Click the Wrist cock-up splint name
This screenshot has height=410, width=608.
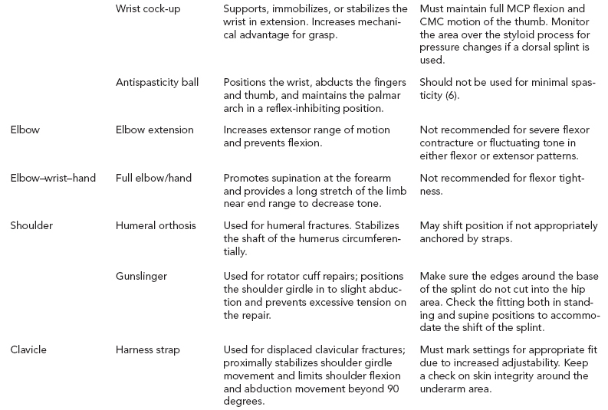pyautogui.click(x=151, y=9)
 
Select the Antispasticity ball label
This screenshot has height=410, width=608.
pyautogui.click(x=157, y=82)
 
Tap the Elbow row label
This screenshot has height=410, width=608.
pyautogui.click(x=25, y=130)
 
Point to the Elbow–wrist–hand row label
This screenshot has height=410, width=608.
pyautogui.click(x=52, y=178)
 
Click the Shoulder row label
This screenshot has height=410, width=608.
pyautogui.click(x=31, y=225)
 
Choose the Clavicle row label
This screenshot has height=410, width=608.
pyautogui.click(x=29, y=349)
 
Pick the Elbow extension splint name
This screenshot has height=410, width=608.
pyautogui.click(x=155, y=130)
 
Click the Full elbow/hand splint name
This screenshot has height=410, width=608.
pyautogui.click(x=154, y=178)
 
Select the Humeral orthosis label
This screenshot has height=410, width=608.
pyautogui.click(x=156, y=225)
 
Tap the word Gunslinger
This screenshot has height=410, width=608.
pyautogui.click(x=142, y=276)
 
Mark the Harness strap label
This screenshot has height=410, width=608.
pyautogui.click(x=148, y=349)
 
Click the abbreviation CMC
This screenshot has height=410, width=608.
pyautogui.click(x=434, y=21)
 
